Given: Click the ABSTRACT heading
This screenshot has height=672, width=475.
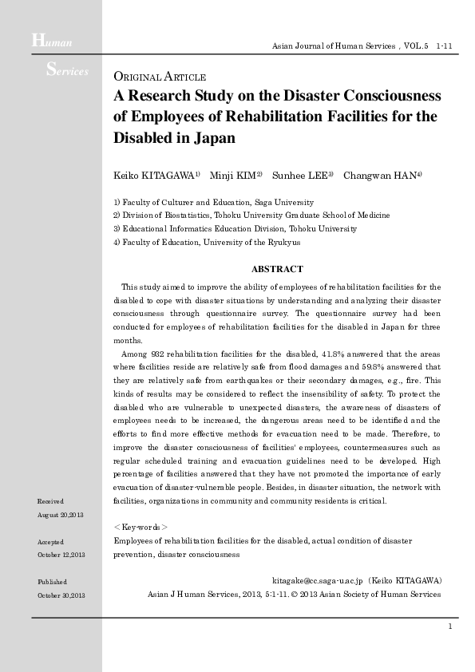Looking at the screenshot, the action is coord(277,270).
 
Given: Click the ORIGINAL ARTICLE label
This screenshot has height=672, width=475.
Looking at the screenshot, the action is coord(160,77).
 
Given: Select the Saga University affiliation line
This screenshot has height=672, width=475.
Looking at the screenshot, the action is coord(214,203).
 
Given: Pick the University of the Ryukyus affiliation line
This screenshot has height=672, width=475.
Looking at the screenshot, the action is coord(207,241).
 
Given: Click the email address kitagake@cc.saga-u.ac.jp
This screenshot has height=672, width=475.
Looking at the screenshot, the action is coord(318,581).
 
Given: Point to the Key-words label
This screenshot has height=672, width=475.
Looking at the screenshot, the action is coord(141,527).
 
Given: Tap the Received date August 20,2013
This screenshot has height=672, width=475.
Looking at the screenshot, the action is coord(61,516).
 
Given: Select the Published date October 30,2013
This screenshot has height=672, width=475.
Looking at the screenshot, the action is coord(61,595).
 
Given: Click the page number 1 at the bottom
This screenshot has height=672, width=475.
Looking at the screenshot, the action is coord(450,627).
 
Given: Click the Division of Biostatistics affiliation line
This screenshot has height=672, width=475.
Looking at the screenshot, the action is coord(251,215).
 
